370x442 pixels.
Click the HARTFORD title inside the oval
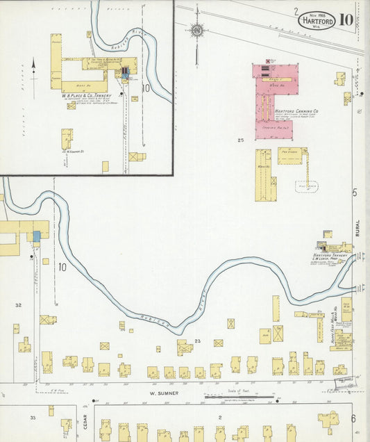point(317,22)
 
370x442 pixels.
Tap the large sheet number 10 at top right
point(346,19)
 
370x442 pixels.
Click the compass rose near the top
point(197,30)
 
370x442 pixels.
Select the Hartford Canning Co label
point(296,110)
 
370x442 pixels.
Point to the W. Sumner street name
point(165,393)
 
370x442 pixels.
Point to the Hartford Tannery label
point(330,255)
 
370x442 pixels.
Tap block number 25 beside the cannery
point(241,140)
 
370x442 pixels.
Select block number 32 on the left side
point(19,305)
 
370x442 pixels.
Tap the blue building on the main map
point(37,236)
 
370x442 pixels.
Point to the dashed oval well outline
point(305,186)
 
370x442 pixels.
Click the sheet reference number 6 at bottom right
point(353,418)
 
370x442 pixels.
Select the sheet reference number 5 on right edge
point(354,193)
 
